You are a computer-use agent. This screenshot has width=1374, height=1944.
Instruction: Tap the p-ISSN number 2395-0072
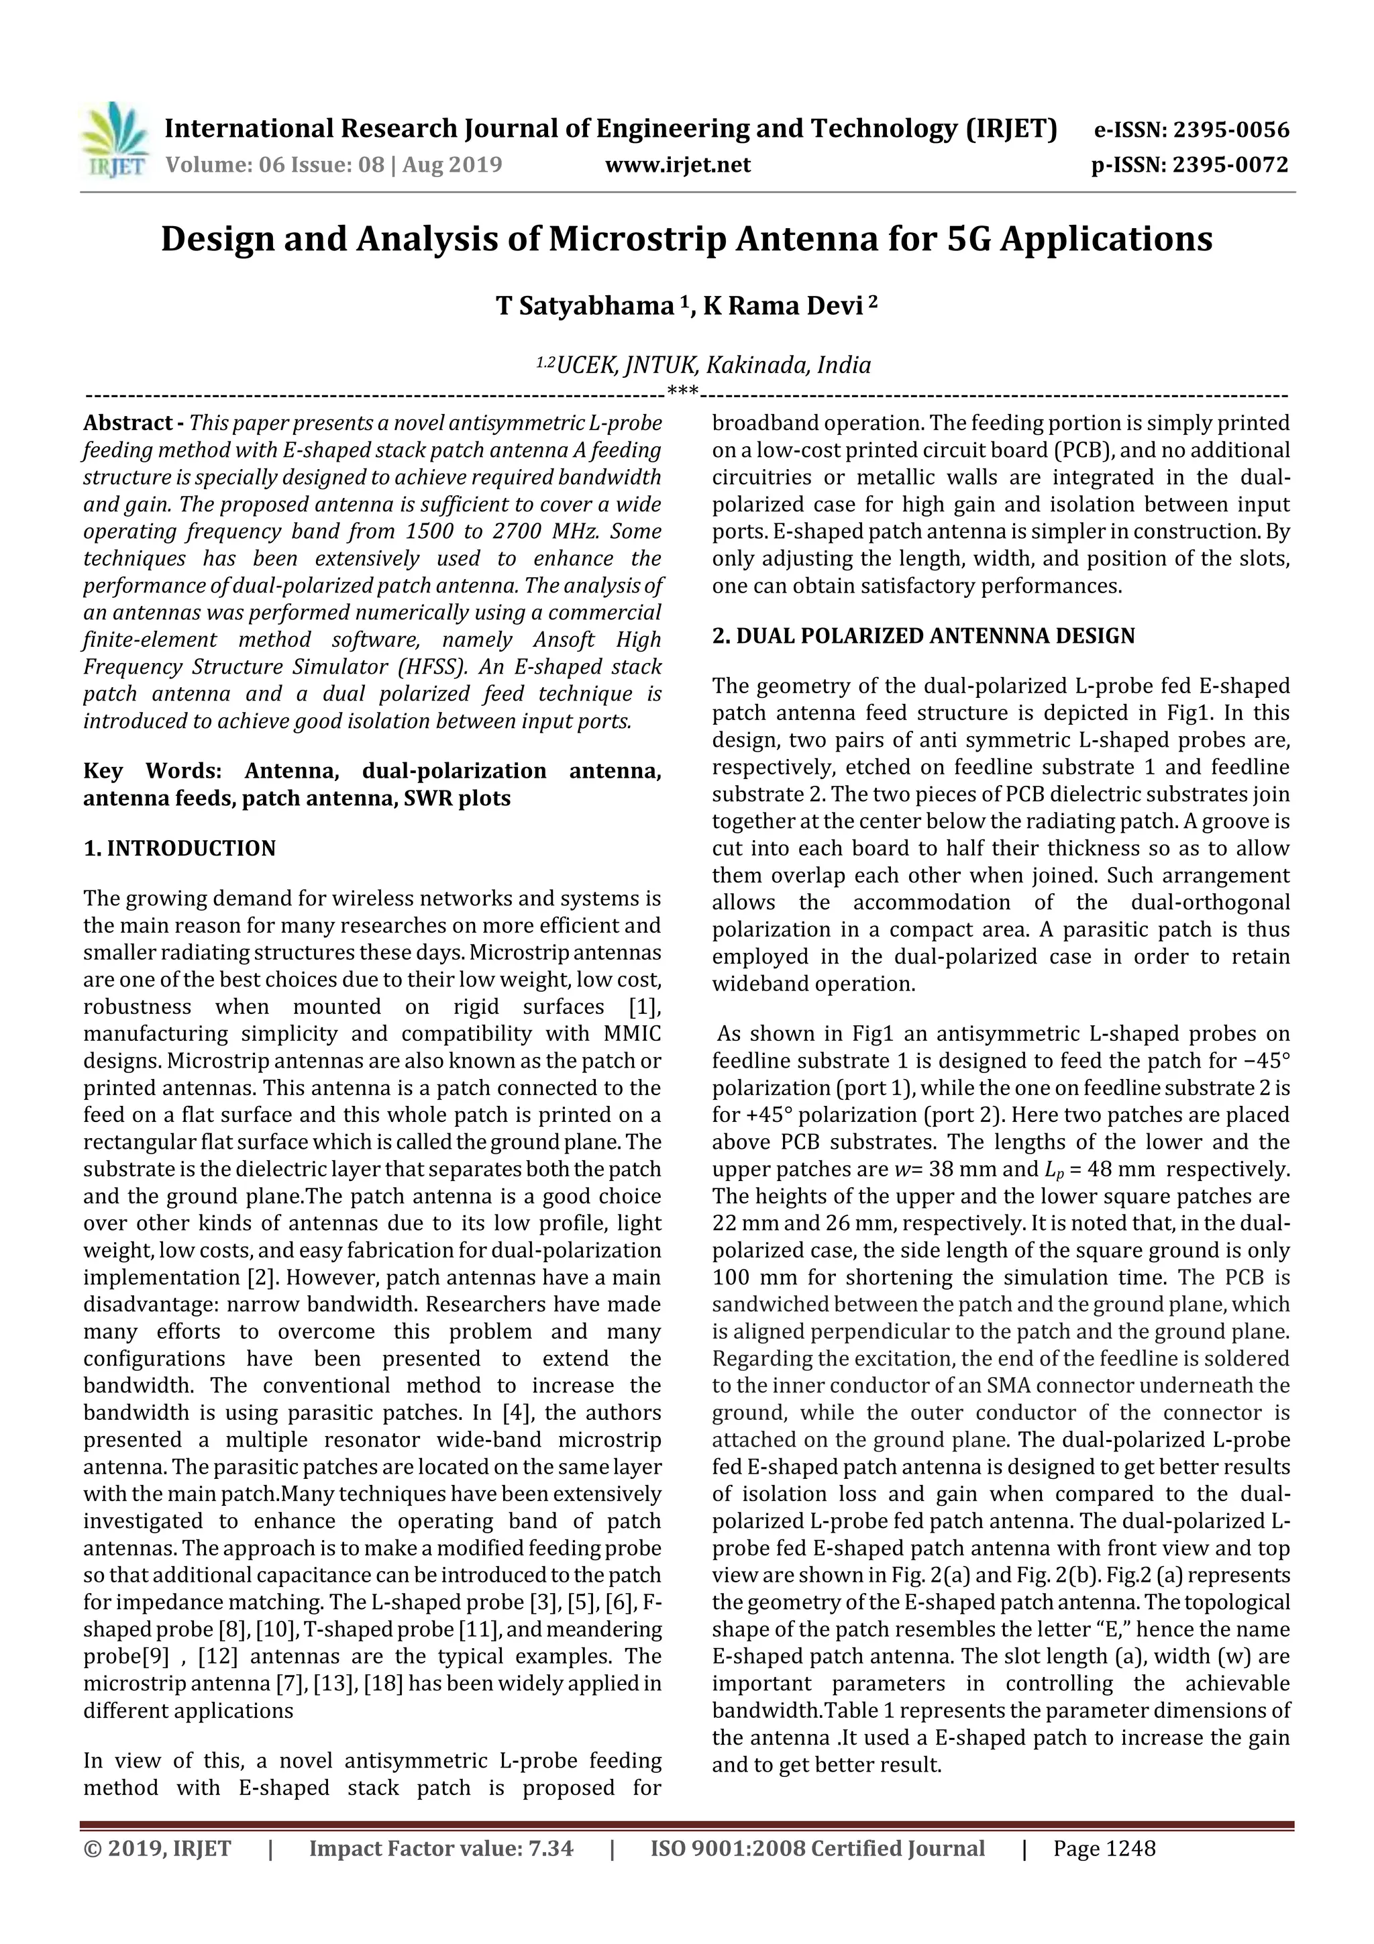[x=1230, y=165]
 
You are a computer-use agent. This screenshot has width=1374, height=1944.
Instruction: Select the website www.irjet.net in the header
[x=677, y=165]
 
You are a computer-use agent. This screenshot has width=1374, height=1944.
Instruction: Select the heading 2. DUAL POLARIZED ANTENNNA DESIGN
[x=924, y=637]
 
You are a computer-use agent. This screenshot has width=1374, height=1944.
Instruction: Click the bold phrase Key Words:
[x=152, y=771]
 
